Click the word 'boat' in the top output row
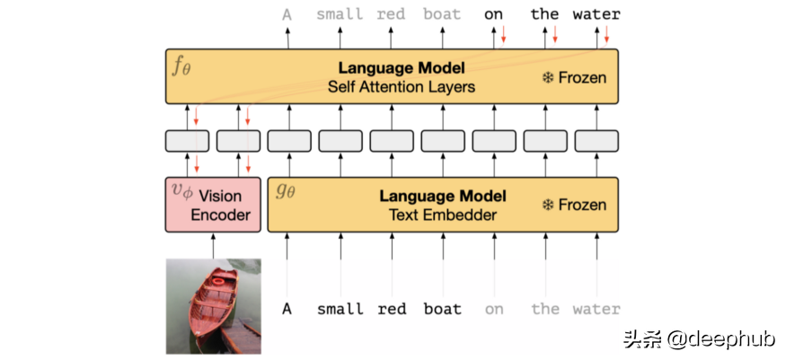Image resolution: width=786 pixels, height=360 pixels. pyautogui.click(x=442, y=14)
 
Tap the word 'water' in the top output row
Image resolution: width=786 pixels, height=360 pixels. pyautogui.click(x=597, y=14)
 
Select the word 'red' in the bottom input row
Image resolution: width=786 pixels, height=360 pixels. pyautogui.click(x=392, y=309)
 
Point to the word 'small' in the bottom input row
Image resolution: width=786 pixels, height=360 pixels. pyautogui.click(x=340, y=309)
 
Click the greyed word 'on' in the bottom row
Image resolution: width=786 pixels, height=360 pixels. pyautogui.click(x=494, y=309)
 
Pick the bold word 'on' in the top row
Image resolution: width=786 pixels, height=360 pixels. pyautogui.click(x=493, y=14)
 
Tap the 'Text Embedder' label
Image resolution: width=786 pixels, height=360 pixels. pyautogui.click(x=442, y=215)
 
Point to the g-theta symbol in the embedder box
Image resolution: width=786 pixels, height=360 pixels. pyautogui.click(x=285, y=191)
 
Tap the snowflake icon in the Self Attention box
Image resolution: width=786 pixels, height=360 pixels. pyautogui.click(x=546, y=78)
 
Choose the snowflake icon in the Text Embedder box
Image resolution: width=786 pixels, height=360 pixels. pyautogui.click(x=546, y=205)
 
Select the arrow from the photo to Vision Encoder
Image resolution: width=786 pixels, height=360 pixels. pyautogui.click(x=214, y=245)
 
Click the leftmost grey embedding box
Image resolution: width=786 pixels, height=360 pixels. pyautogui.click(x=188, y=141)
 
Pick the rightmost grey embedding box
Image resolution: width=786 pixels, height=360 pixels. pyautogui.click(x=597, y=141)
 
